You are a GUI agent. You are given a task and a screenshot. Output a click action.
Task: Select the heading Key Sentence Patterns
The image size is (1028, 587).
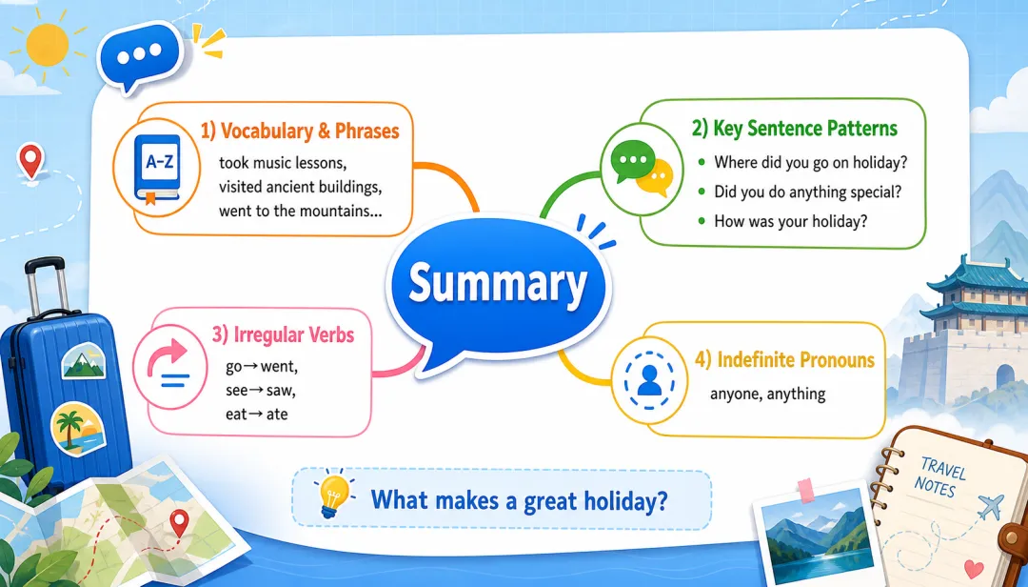click(x=805, y=128)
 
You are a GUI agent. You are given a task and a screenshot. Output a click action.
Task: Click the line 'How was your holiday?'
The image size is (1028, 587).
click(x=790, y=221)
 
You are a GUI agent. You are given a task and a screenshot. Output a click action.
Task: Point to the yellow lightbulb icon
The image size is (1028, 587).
click(x=334, y=496)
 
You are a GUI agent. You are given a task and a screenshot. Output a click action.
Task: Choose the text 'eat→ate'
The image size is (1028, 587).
click(x=256, y=415)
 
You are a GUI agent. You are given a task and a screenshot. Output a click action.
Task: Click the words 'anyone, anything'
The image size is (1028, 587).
click(x=768, y=394)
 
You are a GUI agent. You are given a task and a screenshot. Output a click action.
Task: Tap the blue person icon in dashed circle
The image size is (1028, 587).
click(x=649, y=380)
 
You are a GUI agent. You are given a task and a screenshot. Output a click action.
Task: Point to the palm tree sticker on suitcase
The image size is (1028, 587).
click(x=78, y=428)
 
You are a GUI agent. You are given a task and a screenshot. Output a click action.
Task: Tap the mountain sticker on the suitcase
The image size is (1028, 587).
click(x=83, y=362)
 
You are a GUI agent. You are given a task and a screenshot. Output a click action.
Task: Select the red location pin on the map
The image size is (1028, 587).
click(x=179, y=522)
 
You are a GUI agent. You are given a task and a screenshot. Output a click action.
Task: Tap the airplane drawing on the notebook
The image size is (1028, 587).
click(x=991, y=507)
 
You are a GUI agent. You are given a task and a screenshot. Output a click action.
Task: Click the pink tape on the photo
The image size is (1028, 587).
click(x=806, y=491)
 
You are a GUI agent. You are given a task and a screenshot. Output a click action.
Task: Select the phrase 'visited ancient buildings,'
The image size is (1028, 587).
click(x=300, y=187)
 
